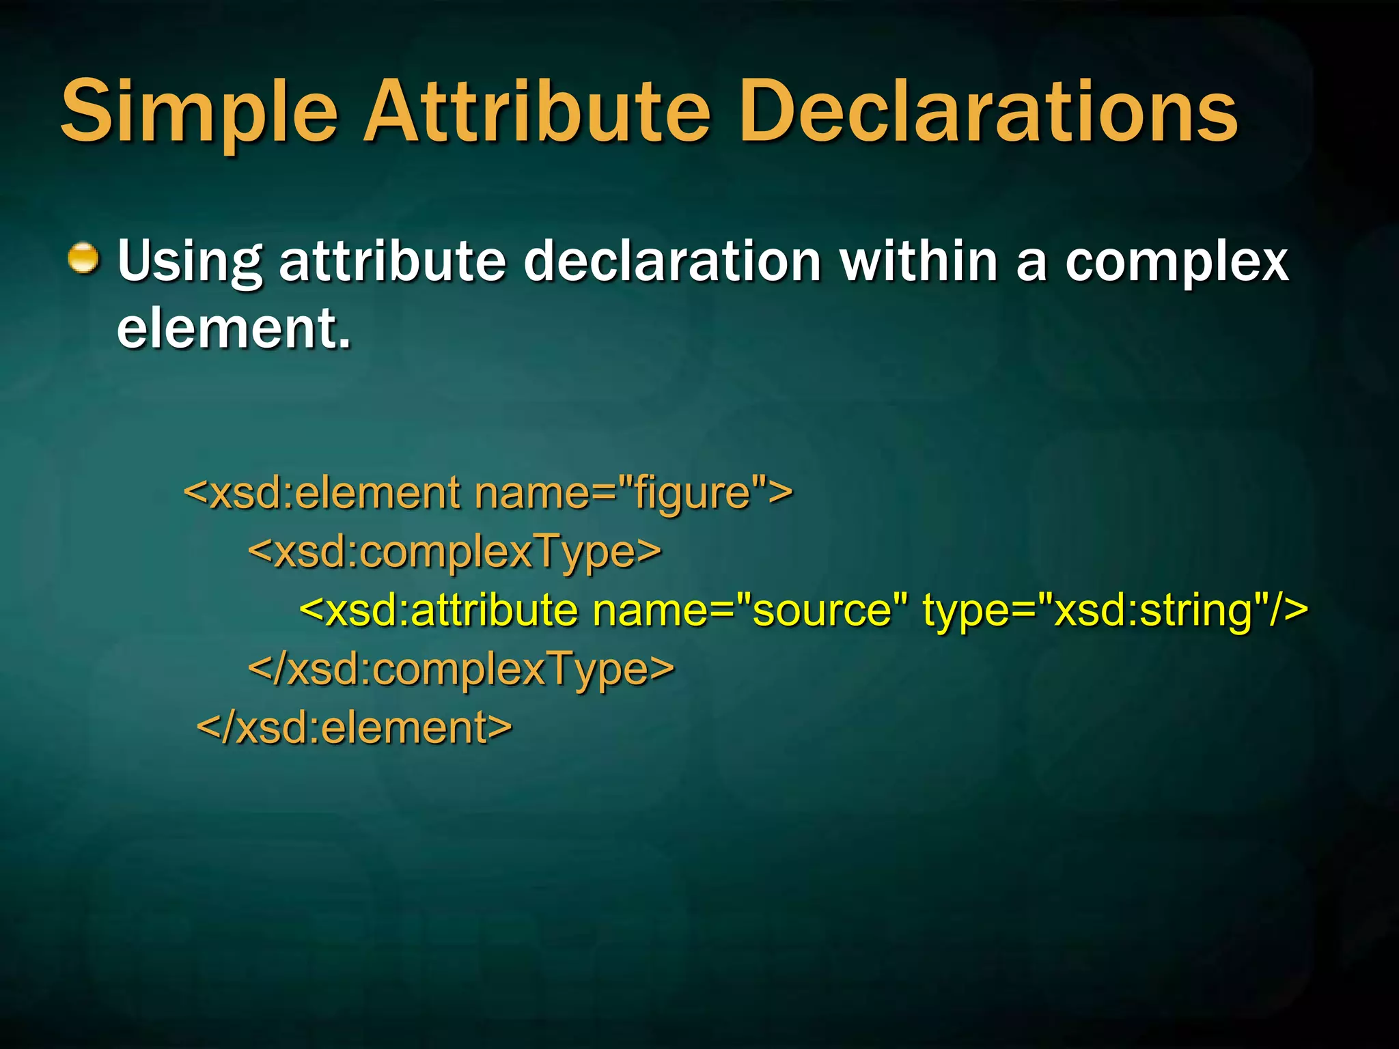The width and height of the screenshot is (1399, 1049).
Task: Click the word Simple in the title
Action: [x=199, y=113]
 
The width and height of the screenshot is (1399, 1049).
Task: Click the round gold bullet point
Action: [x=83, y=259]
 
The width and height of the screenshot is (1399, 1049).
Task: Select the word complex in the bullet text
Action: [x=1176, y=262]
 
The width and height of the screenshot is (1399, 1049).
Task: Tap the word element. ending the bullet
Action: [x=234, y=328]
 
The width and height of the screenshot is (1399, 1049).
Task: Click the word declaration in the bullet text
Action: [x=672, y=261]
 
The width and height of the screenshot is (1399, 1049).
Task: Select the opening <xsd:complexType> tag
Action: [x=454, y=552]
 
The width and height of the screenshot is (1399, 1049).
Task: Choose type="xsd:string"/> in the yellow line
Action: [x=1115, y=610]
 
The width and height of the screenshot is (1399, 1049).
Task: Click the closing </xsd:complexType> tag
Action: [x=461, y=669]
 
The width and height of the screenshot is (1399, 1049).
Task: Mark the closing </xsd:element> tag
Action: [x=354, y=727]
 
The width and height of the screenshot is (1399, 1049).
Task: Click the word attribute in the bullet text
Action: [x=393, y=261]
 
